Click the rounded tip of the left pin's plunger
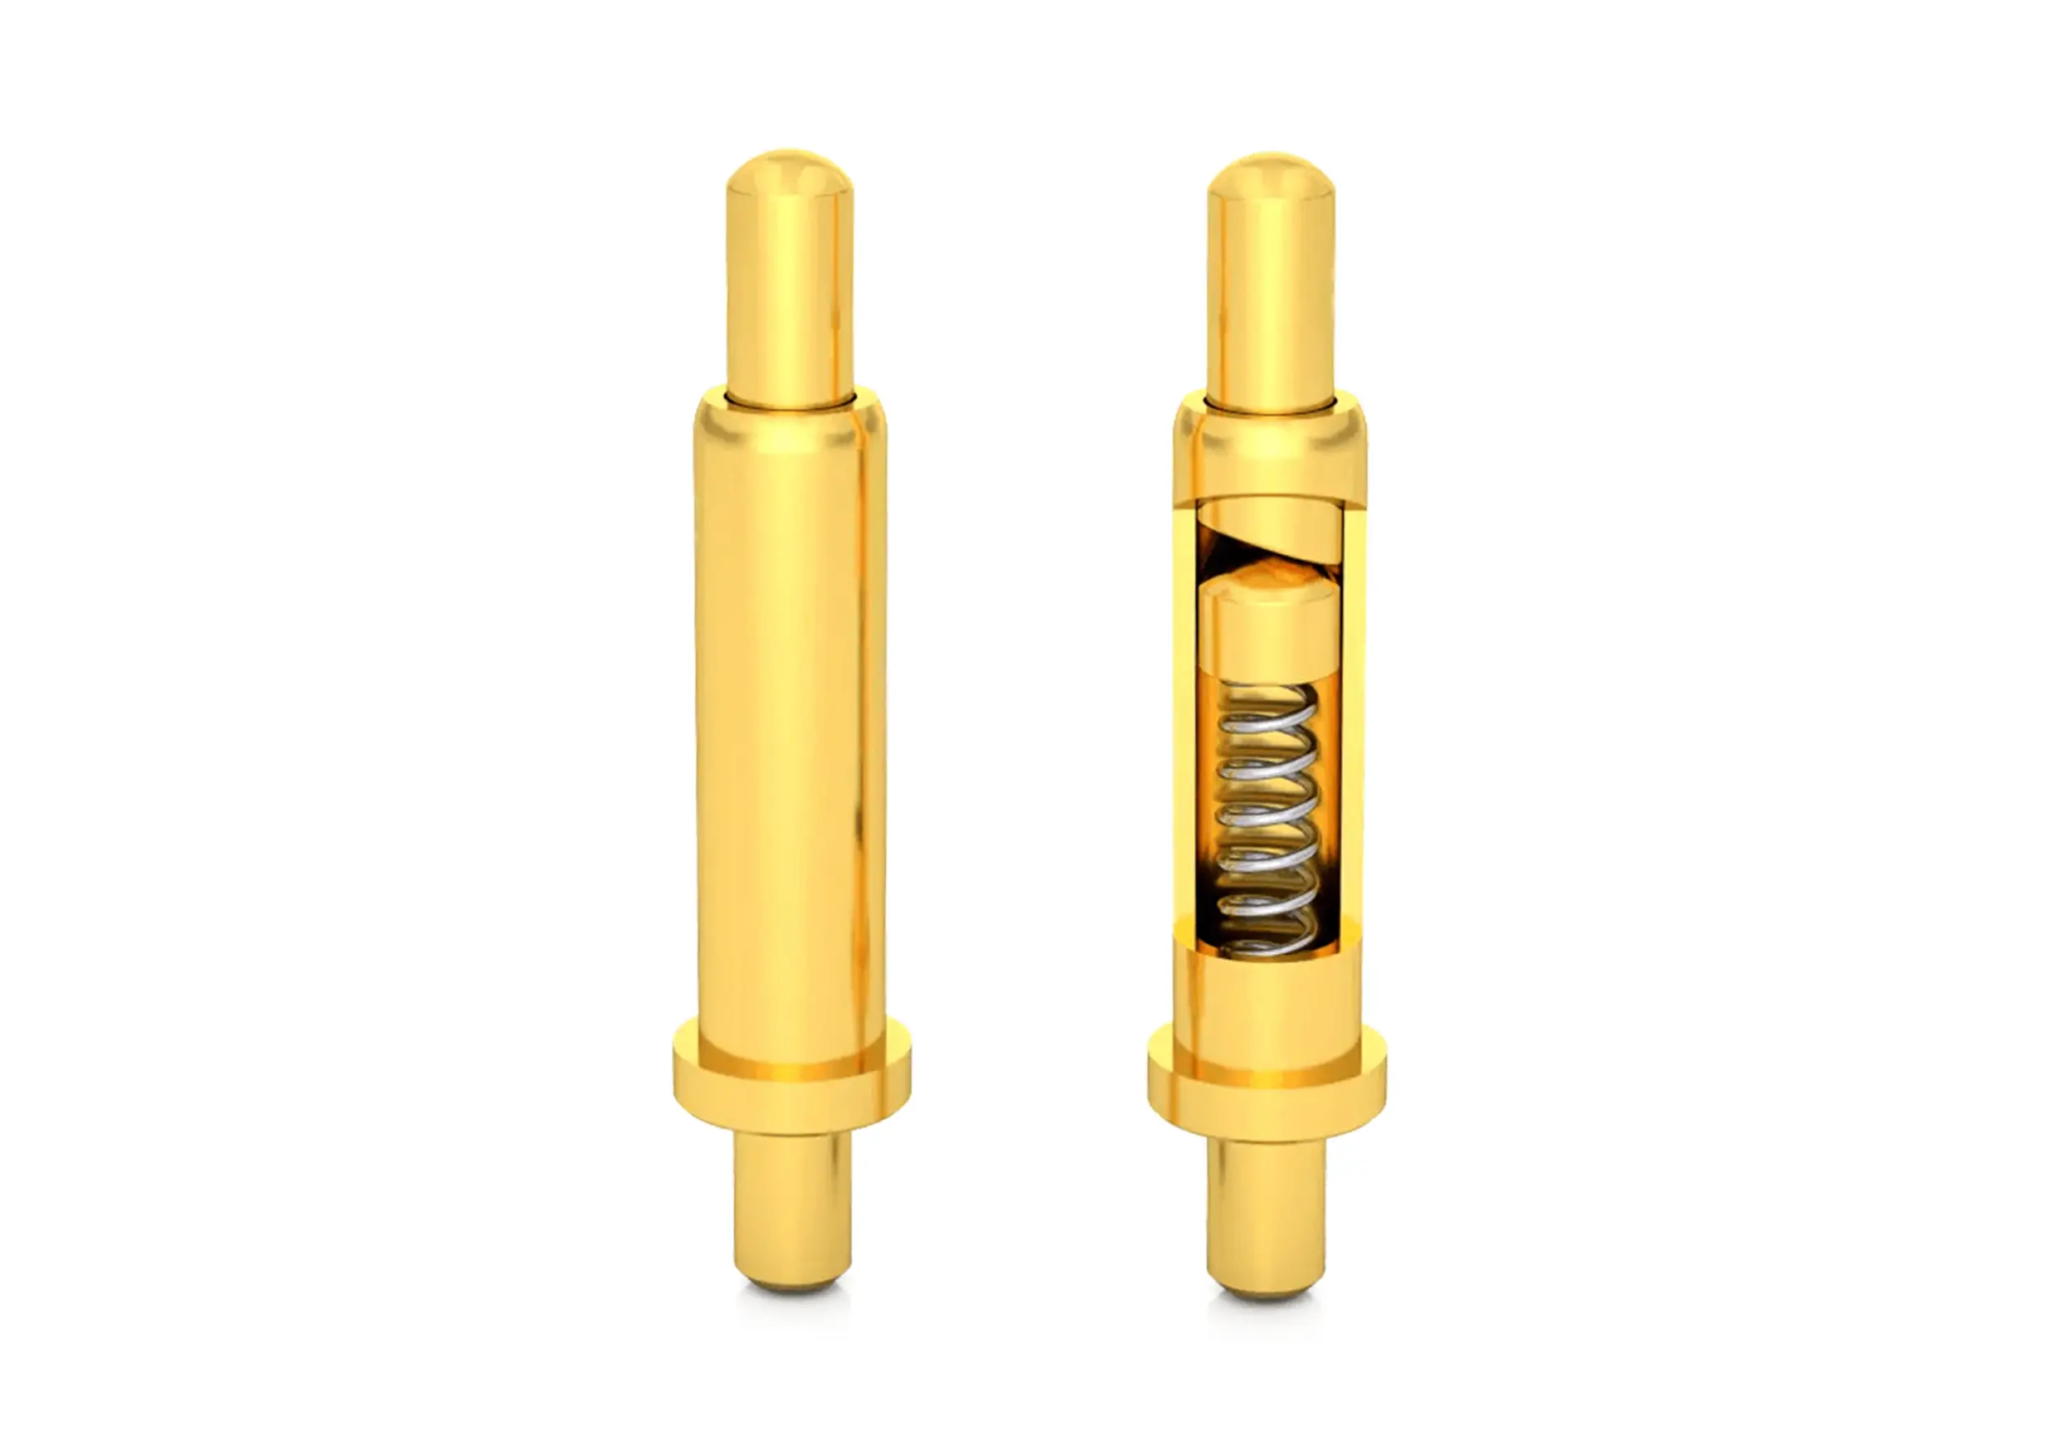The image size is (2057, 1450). [789, 175]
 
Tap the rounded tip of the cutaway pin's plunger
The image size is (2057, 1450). [1271, 178]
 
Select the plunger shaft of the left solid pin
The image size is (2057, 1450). [789, 296]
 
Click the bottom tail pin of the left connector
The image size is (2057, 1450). [791, 1209]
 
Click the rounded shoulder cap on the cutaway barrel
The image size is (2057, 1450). [1271, 448]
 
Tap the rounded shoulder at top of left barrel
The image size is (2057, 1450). [789, 426]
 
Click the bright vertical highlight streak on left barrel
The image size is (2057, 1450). [863, 717]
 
